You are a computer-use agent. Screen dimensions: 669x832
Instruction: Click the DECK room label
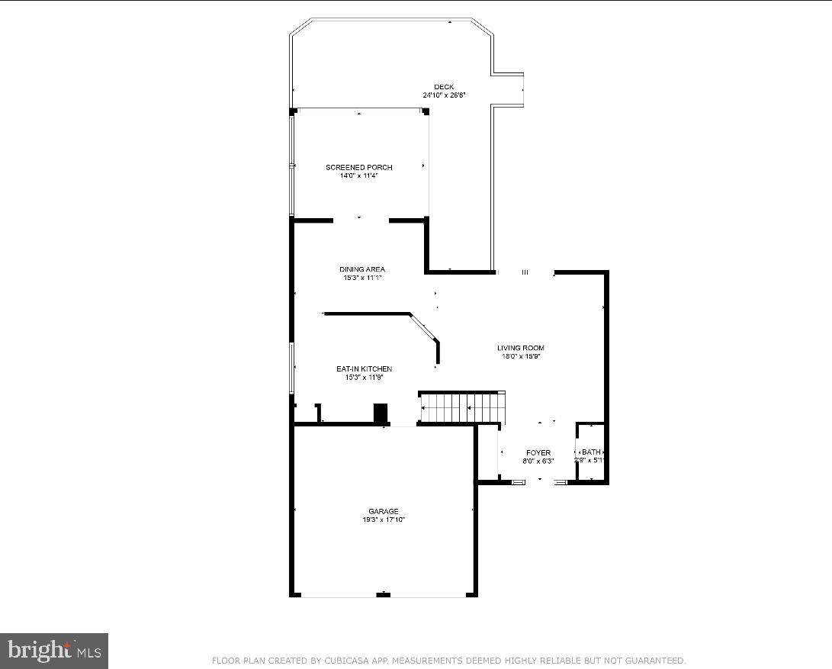[444, 87]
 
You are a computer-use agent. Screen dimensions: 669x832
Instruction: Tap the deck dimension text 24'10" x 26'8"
[444, 95]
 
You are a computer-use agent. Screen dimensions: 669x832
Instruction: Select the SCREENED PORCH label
[358, 167]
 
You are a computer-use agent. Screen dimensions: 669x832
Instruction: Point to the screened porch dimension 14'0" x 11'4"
[358, 175]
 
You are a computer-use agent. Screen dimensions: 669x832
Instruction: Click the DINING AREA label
[361, 269]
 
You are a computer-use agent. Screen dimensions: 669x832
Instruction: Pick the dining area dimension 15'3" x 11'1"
[361, 278]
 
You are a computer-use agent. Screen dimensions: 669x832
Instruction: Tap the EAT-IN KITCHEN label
[364, 369]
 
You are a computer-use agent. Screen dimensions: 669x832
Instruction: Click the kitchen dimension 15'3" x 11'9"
[364, 377]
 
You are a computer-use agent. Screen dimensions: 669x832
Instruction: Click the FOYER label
[538, 452]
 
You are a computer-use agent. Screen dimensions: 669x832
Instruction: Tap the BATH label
[591, 452]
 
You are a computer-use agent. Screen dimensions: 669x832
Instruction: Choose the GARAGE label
[383, 512]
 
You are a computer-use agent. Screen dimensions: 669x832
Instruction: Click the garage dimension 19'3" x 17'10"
[383, 520]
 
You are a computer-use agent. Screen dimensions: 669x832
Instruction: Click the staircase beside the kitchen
[461, 407]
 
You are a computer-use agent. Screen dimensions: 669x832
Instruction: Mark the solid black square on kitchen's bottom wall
[381, 413]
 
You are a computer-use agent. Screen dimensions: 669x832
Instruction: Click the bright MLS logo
[54, 651]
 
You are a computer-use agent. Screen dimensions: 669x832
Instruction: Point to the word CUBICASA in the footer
[336, 661]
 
